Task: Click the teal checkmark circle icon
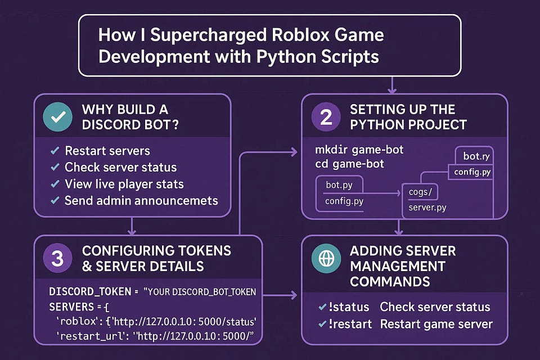click(58, 117)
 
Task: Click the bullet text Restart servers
click(107, 151)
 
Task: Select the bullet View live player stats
click(124, 184)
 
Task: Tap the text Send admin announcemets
click(141, 200)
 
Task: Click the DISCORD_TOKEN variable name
click(88, 292)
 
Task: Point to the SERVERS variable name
click(72, 307)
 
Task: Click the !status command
click(349, 307)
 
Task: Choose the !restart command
click(352, 324)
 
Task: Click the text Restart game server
click(436, 324)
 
